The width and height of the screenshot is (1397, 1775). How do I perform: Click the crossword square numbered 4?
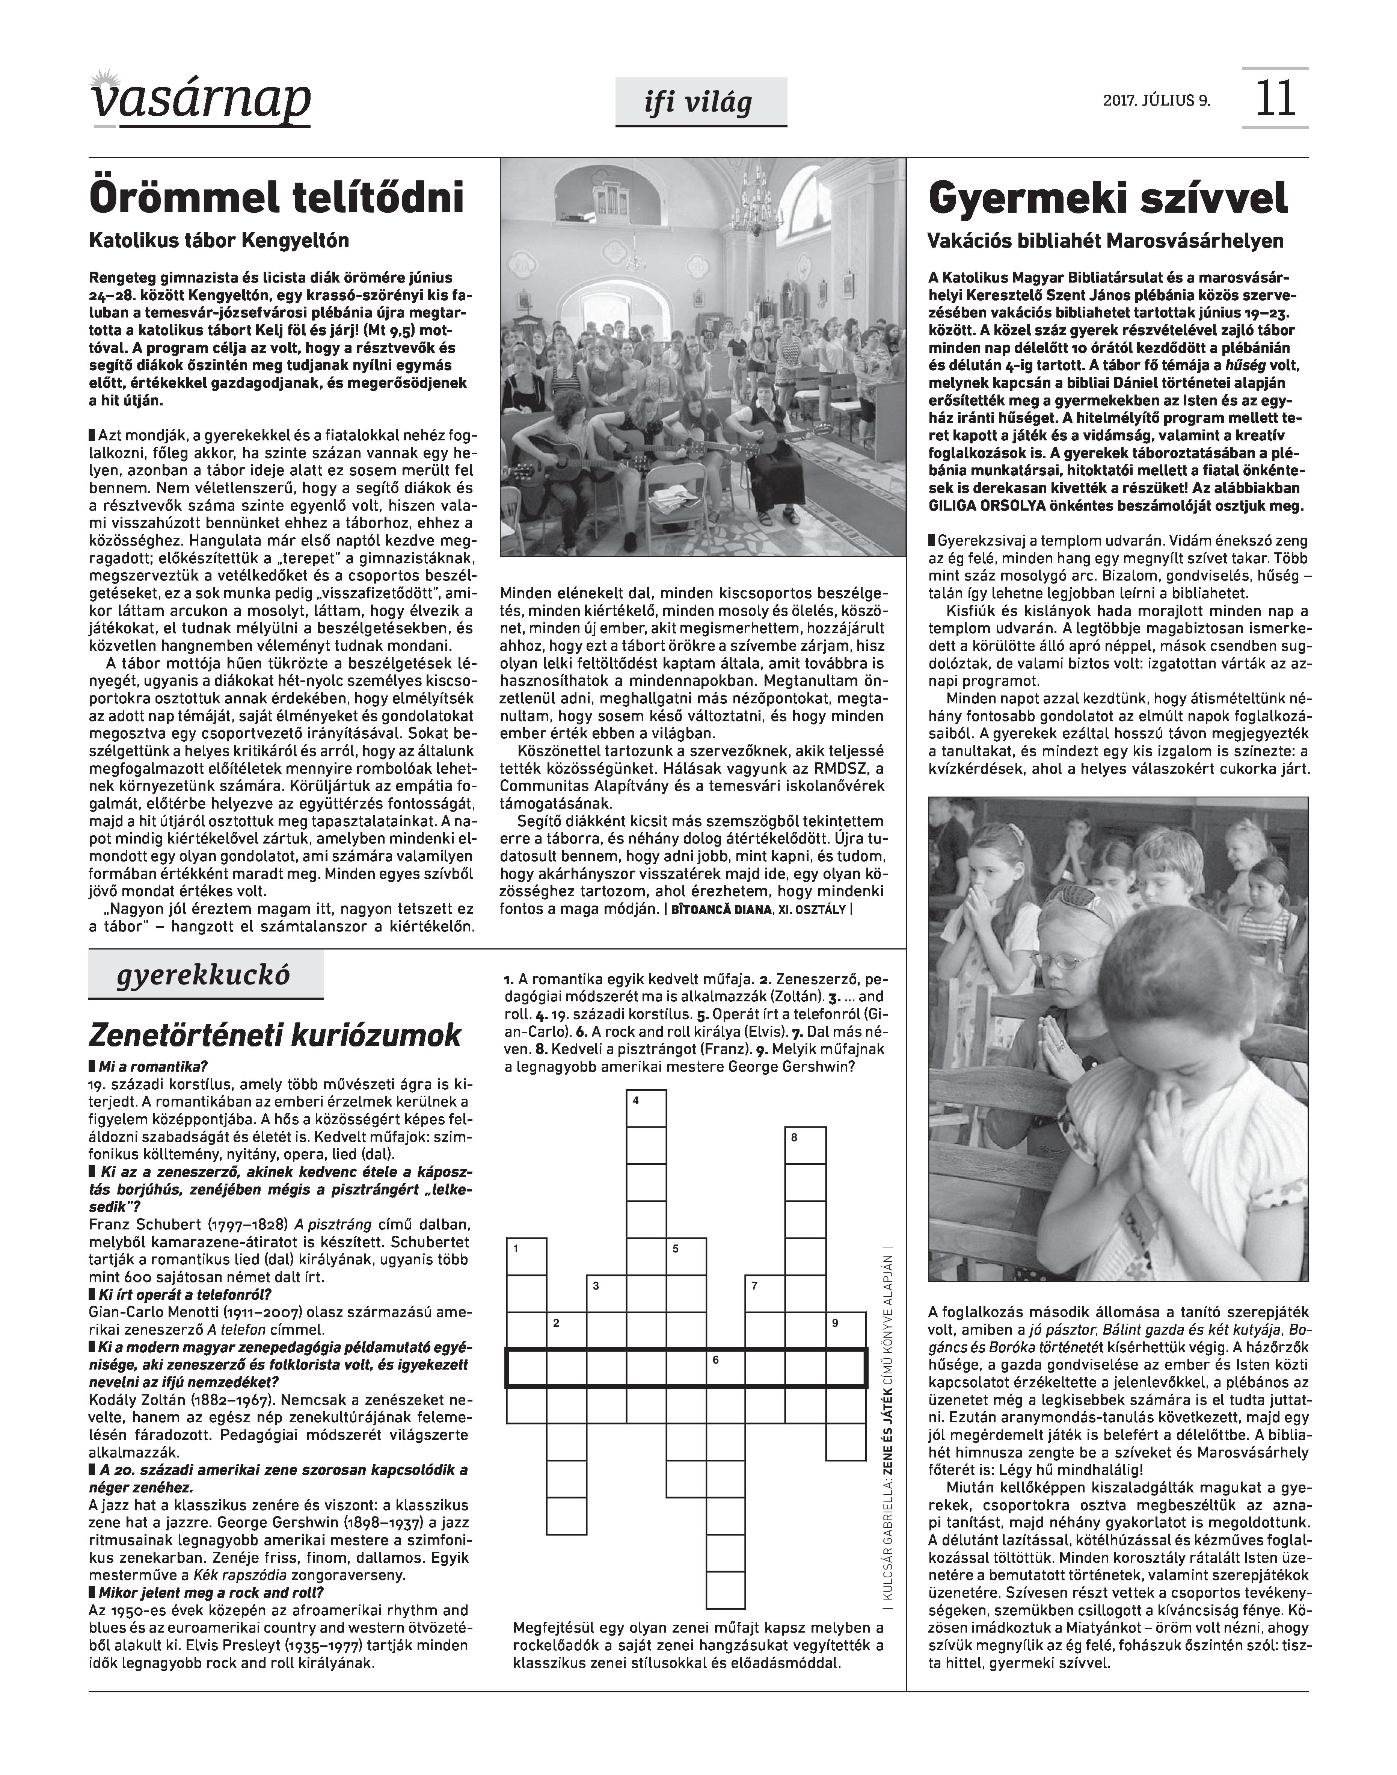pyautogui.click(x=646, y=1109)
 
